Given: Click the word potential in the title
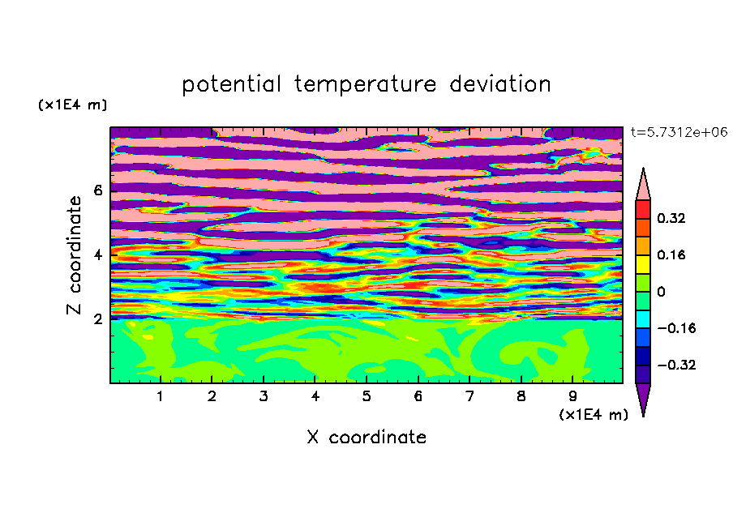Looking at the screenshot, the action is click(x=231, y=84).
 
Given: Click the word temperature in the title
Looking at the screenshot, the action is click(x=366, y=84).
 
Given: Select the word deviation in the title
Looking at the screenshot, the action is click(x=499, y=84).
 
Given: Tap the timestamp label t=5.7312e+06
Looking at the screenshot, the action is click(x=679, y=132).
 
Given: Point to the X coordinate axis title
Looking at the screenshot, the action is click(x=366, y=437).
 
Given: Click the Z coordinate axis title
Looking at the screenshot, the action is click(x=74, y=255).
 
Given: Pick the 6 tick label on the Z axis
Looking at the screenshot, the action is click(x=97, y=190).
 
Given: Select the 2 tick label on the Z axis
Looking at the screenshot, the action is click(x=97, y=319).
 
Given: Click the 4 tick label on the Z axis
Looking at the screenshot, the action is click(x=97, y=255).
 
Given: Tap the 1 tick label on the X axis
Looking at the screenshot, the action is click(x=161, y=396).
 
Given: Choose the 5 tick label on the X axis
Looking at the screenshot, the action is click(x=366, y=396).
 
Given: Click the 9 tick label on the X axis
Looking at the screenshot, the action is click(x=572, y=396).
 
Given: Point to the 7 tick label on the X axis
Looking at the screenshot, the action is click(x=469, y=396).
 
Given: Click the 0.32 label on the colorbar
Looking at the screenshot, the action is click(x=671, y=218).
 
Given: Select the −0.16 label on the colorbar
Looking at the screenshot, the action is click(x=676, y=328).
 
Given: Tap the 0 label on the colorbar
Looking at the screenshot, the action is click(x=661, y=292).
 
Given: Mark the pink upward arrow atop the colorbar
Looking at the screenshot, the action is click(x=643, y=186).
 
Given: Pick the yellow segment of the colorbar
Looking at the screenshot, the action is click(x=643, y=264).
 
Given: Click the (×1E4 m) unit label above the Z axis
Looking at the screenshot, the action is click(x=72, y=105).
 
